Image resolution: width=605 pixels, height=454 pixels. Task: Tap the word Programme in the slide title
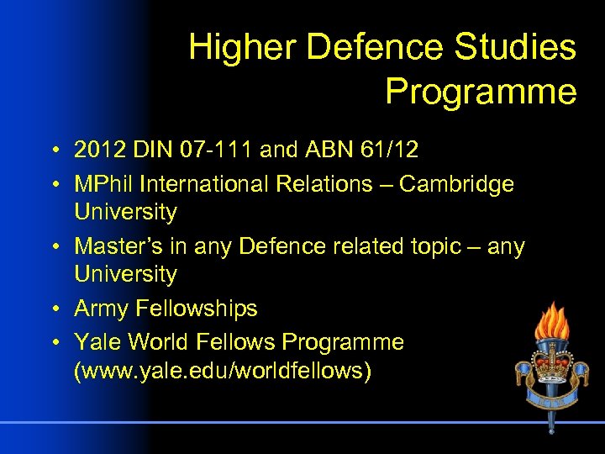(x=481, y=92)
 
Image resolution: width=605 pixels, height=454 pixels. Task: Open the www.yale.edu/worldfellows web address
(x=223, y=371)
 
